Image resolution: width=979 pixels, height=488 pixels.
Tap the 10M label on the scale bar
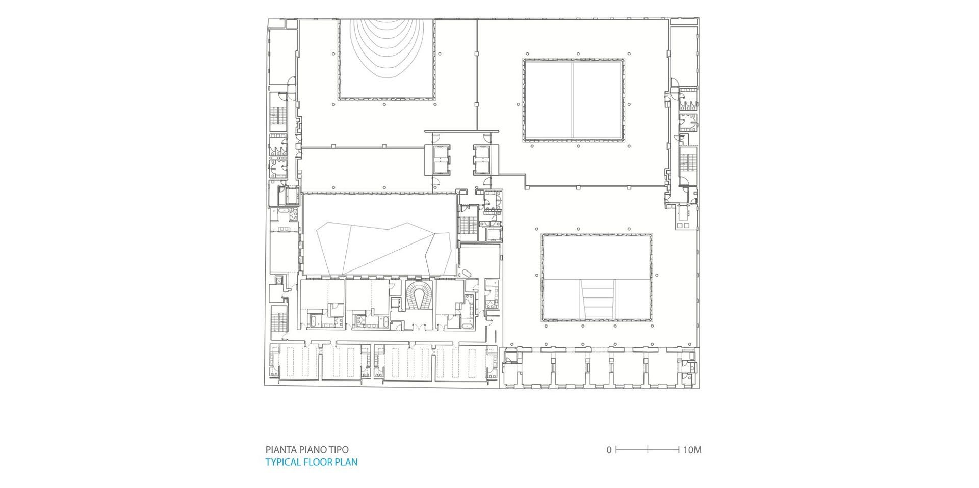(x=692, y=450)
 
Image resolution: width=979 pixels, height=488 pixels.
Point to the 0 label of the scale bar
(x=609, y=450)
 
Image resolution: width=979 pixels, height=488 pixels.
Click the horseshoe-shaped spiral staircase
(x=420, y=296)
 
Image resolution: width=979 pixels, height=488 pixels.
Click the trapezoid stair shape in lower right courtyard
(x=598, y=301)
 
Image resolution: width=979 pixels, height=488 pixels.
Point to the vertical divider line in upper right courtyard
(x=572, y=99)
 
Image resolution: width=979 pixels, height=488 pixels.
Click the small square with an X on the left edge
(x=278, y=280)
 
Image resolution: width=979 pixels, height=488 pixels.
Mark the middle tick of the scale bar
(x=648, y=450)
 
